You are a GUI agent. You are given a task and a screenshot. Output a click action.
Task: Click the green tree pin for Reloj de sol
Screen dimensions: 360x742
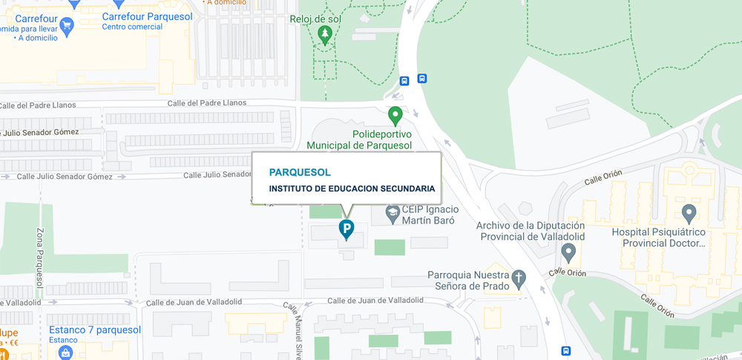(x=324, y=34)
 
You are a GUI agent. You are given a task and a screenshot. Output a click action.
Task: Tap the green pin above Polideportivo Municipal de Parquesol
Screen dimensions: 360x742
(x=395, y=115)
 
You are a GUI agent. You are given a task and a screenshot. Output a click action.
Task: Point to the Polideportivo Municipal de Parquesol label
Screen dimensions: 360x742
(x=359, y=139)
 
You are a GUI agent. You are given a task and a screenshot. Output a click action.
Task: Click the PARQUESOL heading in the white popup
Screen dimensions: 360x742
(x=300, y=172)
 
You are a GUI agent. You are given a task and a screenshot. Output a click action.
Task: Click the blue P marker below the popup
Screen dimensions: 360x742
(x=346, y=229)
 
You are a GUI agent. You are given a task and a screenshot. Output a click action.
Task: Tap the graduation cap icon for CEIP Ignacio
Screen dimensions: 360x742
(x=393, y=215)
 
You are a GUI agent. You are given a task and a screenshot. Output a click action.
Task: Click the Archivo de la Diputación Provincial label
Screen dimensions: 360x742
(x=531, y=231)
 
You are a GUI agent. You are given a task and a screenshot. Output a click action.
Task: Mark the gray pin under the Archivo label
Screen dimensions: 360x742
(x=568, y=252)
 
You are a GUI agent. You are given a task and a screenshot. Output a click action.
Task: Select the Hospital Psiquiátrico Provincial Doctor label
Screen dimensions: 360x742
(x=657, y=238)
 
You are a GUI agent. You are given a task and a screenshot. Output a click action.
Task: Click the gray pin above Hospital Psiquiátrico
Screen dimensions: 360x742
(x=689, y=215)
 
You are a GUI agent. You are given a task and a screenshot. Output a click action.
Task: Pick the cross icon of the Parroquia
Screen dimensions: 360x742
(x=519, y=278)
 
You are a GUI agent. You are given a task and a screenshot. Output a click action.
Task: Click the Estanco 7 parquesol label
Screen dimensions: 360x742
(x=94, y=330)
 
